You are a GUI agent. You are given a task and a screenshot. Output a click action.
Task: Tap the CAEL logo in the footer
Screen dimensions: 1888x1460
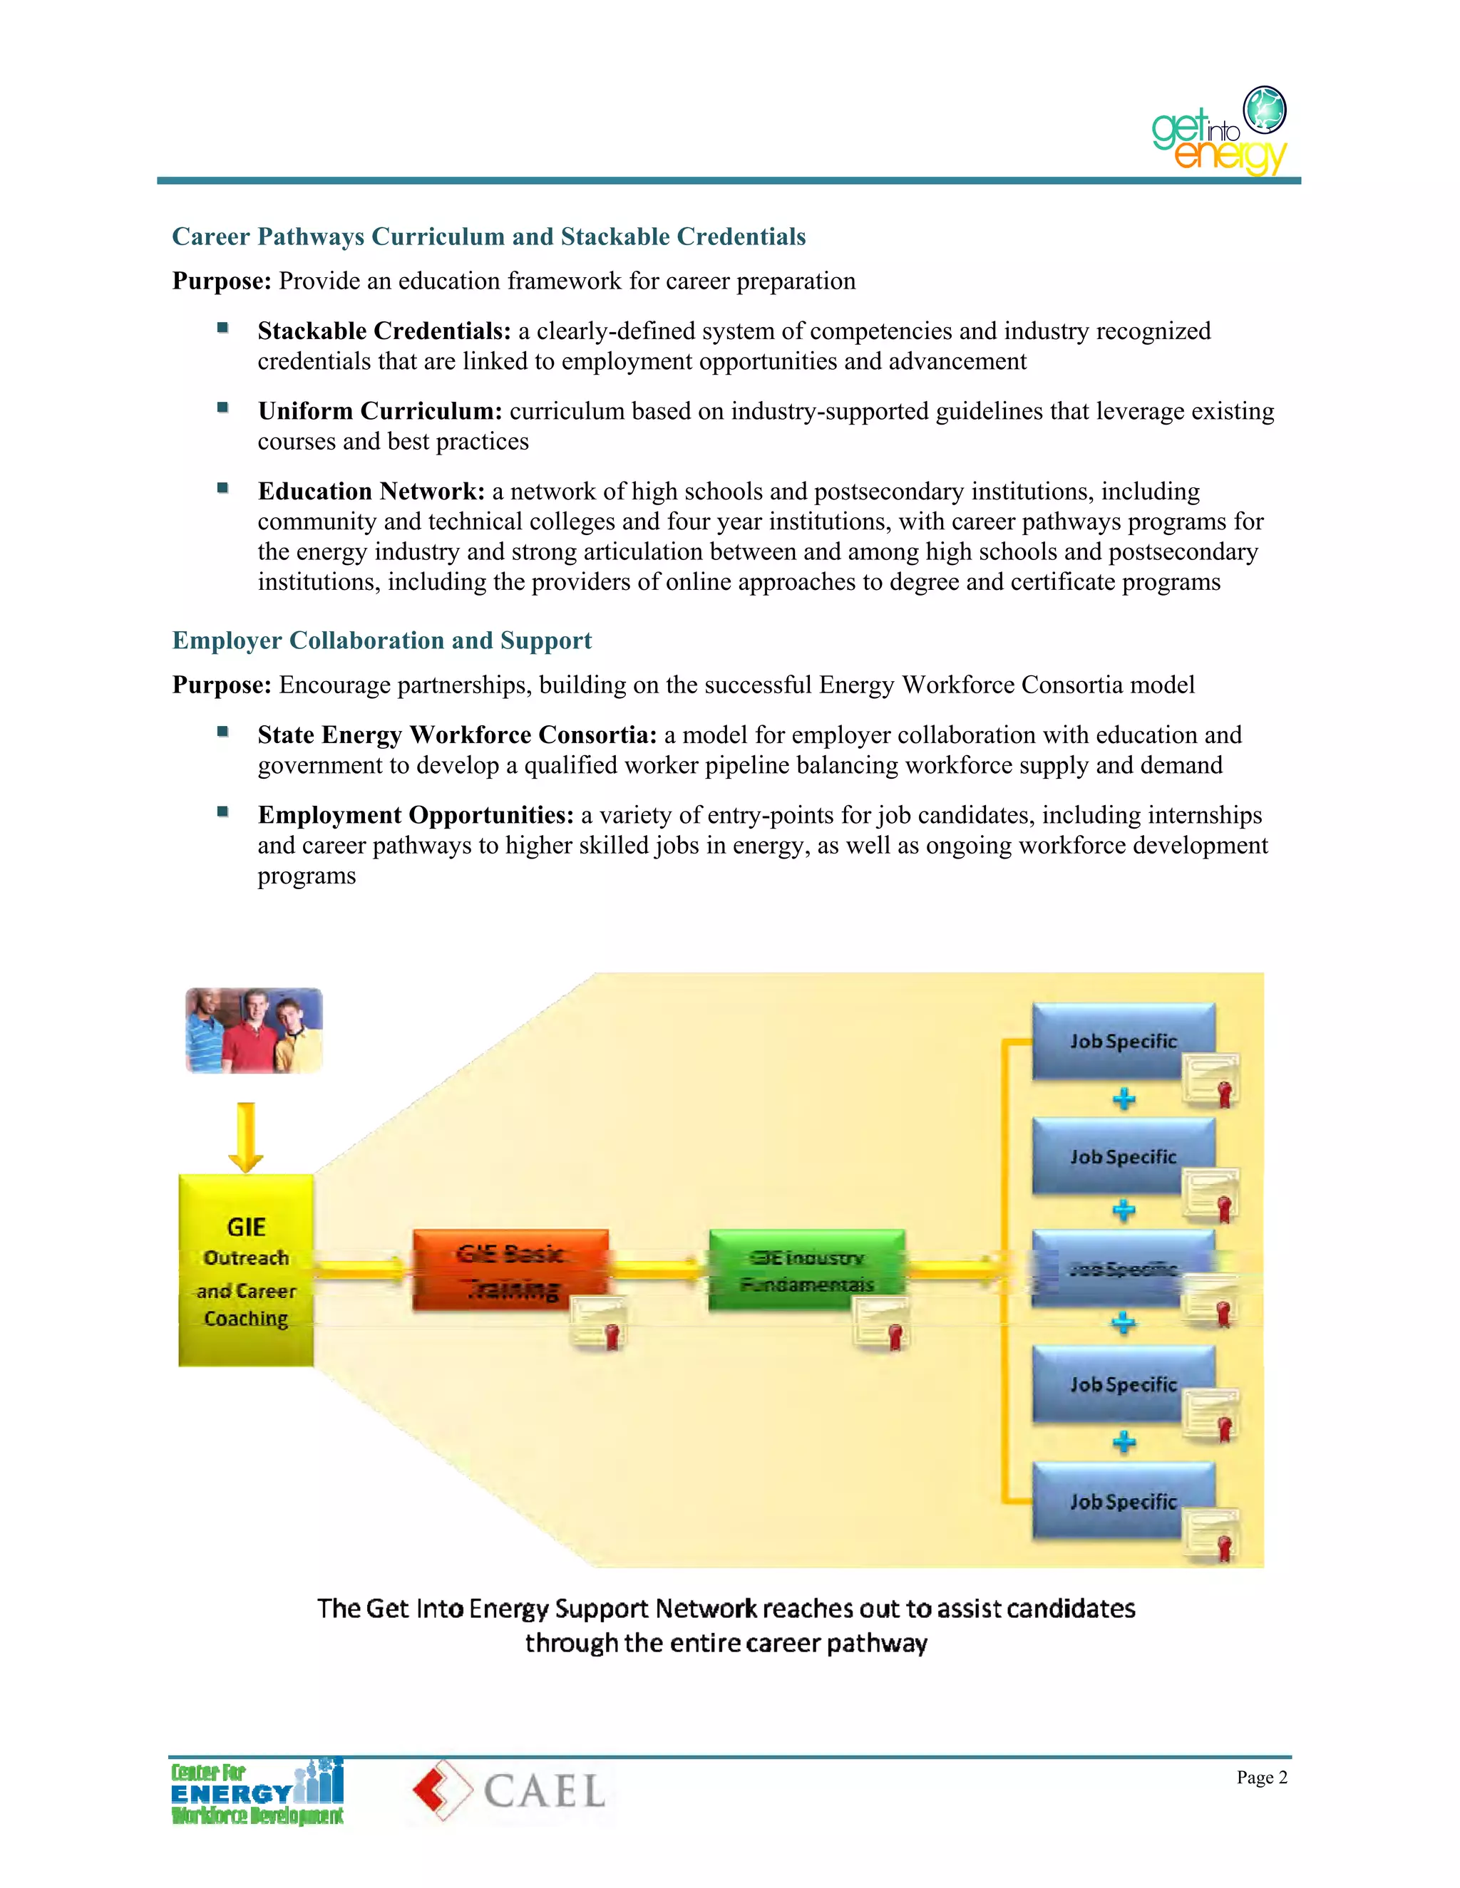coord(508,1791)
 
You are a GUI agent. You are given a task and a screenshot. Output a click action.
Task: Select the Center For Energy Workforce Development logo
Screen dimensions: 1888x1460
coord(257,1791)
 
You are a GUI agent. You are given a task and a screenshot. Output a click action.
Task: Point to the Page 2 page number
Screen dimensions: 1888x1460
coord(1261,1778)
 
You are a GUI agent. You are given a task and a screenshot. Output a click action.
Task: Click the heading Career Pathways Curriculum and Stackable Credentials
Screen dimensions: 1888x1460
coord(488,236)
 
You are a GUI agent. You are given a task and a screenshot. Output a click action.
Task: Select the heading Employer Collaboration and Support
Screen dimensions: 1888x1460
coord(381,640)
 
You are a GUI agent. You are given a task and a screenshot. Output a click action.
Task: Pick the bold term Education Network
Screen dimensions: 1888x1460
coord(371,492)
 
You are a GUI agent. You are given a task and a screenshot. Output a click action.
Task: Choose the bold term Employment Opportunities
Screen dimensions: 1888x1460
coord(415,815)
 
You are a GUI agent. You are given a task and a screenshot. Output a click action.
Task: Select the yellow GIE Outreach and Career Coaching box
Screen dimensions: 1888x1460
coord(246,1271)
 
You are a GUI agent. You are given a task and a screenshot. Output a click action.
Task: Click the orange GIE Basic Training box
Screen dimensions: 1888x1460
coord(510,1269)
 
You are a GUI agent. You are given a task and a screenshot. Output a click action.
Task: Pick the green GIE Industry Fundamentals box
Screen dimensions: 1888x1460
coord(806,1269)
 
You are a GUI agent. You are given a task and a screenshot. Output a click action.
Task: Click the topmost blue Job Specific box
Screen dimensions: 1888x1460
coord(1123,1041)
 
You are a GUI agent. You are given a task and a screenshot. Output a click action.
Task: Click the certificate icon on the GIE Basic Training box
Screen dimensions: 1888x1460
coord(599,1324)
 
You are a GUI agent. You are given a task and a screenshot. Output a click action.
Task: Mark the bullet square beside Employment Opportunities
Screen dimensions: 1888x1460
coord(222,811)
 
